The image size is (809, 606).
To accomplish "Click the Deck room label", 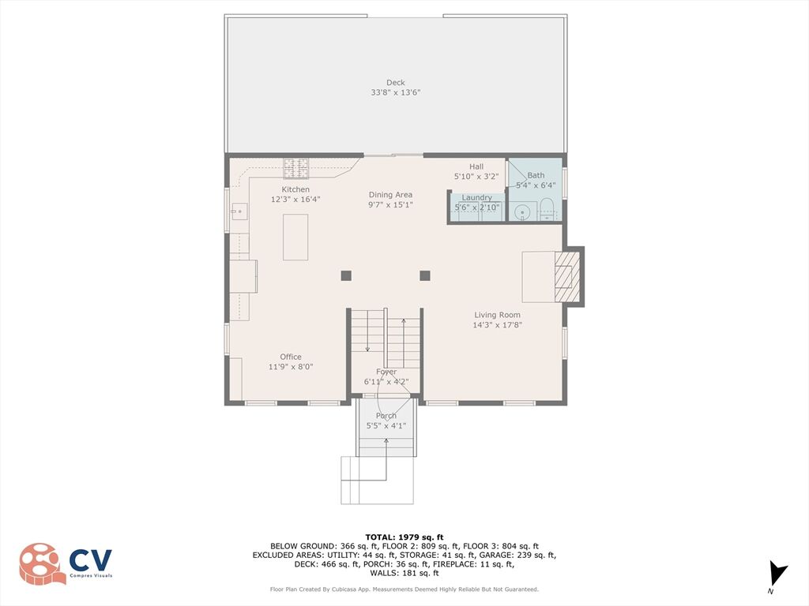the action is (396, 82).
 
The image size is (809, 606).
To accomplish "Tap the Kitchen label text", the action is (295, 189).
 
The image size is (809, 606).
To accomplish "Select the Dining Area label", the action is (390, 195).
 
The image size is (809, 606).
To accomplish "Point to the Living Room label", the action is (498, 315).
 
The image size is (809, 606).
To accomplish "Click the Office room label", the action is (291, 357).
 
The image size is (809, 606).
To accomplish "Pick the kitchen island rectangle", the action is (295, 237).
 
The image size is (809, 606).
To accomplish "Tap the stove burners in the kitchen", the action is (296, 169).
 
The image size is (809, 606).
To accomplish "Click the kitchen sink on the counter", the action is (239, 211).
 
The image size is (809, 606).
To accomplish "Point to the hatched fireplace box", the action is (564, 277).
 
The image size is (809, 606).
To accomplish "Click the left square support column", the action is (346, 275).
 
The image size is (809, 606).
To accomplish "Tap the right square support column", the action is (425, 275).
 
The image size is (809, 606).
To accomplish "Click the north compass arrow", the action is (777, 574).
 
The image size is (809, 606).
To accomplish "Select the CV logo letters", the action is (91, 560).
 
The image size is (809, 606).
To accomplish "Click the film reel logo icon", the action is (43, 563).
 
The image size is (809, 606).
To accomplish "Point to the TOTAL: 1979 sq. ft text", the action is (404, 537).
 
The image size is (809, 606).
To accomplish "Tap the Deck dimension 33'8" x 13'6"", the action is (396, 93).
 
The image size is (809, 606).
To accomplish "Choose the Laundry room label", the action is (476, 197).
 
